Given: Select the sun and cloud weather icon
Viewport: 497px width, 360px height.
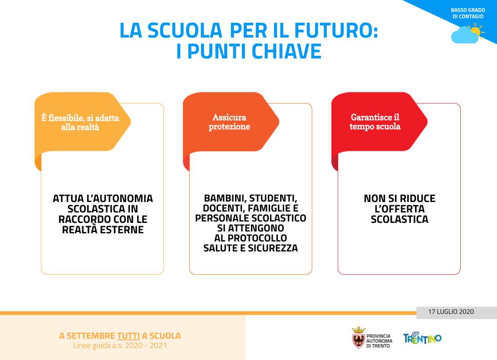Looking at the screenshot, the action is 468,34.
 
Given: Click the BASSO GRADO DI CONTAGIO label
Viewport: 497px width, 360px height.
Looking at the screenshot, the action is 468,13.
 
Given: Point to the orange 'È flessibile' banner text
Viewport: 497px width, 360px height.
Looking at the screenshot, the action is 80,122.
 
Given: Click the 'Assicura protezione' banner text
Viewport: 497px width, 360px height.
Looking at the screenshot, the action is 229,122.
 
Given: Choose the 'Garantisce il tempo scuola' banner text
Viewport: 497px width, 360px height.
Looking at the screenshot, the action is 375,122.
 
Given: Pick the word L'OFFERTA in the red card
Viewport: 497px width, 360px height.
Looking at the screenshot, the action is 399,209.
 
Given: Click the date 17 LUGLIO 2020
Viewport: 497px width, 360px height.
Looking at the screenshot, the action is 451,312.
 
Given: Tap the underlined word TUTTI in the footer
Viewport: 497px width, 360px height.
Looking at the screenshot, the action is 128,336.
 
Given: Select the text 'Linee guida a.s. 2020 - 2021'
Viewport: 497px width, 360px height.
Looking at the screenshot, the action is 120,345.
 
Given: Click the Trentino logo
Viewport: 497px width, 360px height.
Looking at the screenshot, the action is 422,338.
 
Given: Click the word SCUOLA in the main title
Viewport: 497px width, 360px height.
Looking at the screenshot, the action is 185,30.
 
